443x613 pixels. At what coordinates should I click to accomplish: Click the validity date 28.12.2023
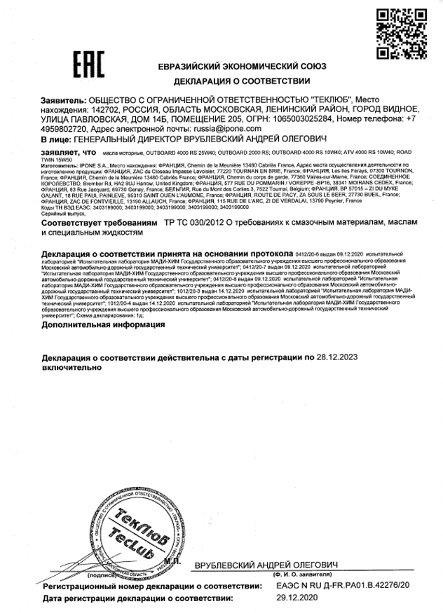point(340,357)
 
